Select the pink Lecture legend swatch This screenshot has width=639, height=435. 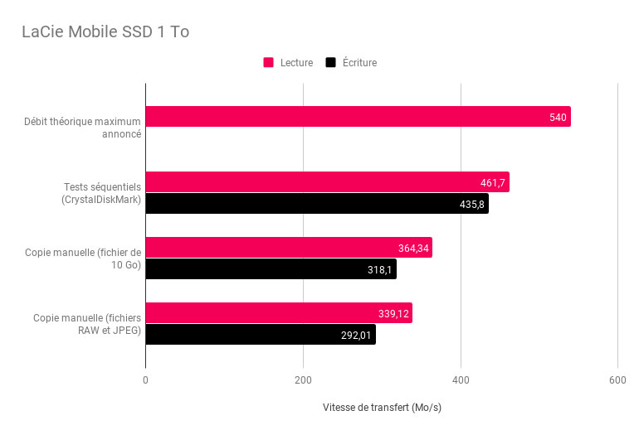point(269,62)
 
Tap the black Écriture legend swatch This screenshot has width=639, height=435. point(331,62)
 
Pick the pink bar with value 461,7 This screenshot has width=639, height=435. point(327,182)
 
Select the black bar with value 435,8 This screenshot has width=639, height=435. point(317,204)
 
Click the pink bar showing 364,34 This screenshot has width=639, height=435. point(289,248)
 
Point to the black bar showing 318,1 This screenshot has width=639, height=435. point(271,269)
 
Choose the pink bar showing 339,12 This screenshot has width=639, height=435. point(279,313)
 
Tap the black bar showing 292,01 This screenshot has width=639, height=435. point(261,335)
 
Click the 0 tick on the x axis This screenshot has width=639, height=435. point(146,380)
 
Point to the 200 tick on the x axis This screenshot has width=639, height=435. point(303,380)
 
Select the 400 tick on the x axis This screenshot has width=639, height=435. point(461,380)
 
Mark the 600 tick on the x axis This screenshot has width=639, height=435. point(617,380)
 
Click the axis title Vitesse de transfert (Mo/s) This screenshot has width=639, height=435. point(382,408)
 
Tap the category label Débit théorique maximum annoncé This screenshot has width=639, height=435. point(82,128)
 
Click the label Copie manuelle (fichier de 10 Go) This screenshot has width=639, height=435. point(83,259)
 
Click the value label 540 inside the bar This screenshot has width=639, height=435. point(558,118)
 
